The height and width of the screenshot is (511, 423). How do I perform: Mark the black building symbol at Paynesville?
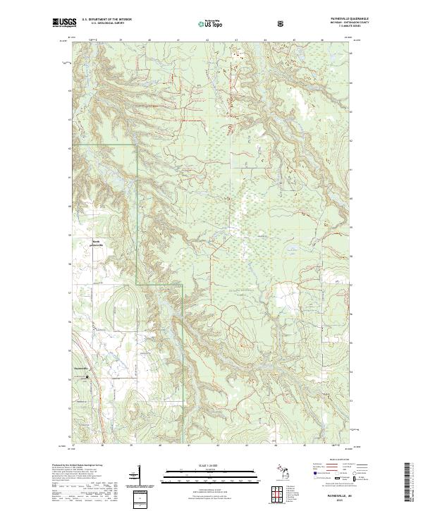tap(88, 376)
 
